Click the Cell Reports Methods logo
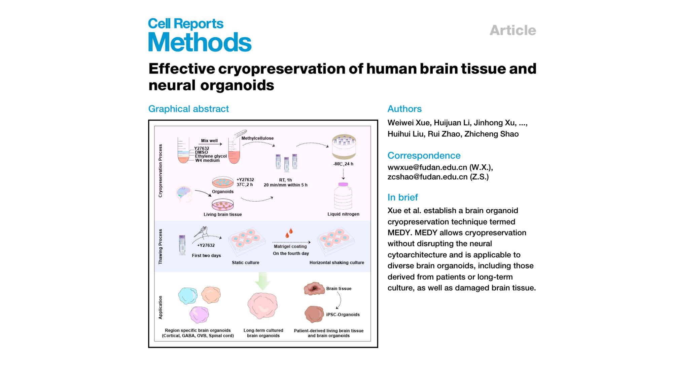click(x=200, y=35)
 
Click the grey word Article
click(x=513, y=30)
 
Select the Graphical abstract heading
click(x=188, y=109)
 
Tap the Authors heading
click(x=404, y=109)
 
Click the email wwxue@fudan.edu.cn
click(x=427, y=167)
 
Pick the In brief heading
click(x=403, y=197)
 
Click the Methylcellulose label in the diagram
click(x=257, y=138)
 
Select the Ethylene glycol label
click(x=211, y=156)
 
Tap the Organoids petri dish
click(x=222, y=182)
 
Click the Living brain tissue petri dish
click(x=222, y=204)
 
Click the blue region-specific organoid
click(x=188, y=296)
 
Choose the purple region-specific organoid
click(x=199, y=315)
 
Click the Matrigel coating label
click(x=290, y=247)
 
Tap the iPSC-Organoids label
click(x=343, y=314)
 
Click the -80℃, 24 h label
click(x=343, y=164)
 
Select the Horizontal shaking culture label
click(x=337, y=263)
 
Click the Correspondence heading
click(x=424, y=156)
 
